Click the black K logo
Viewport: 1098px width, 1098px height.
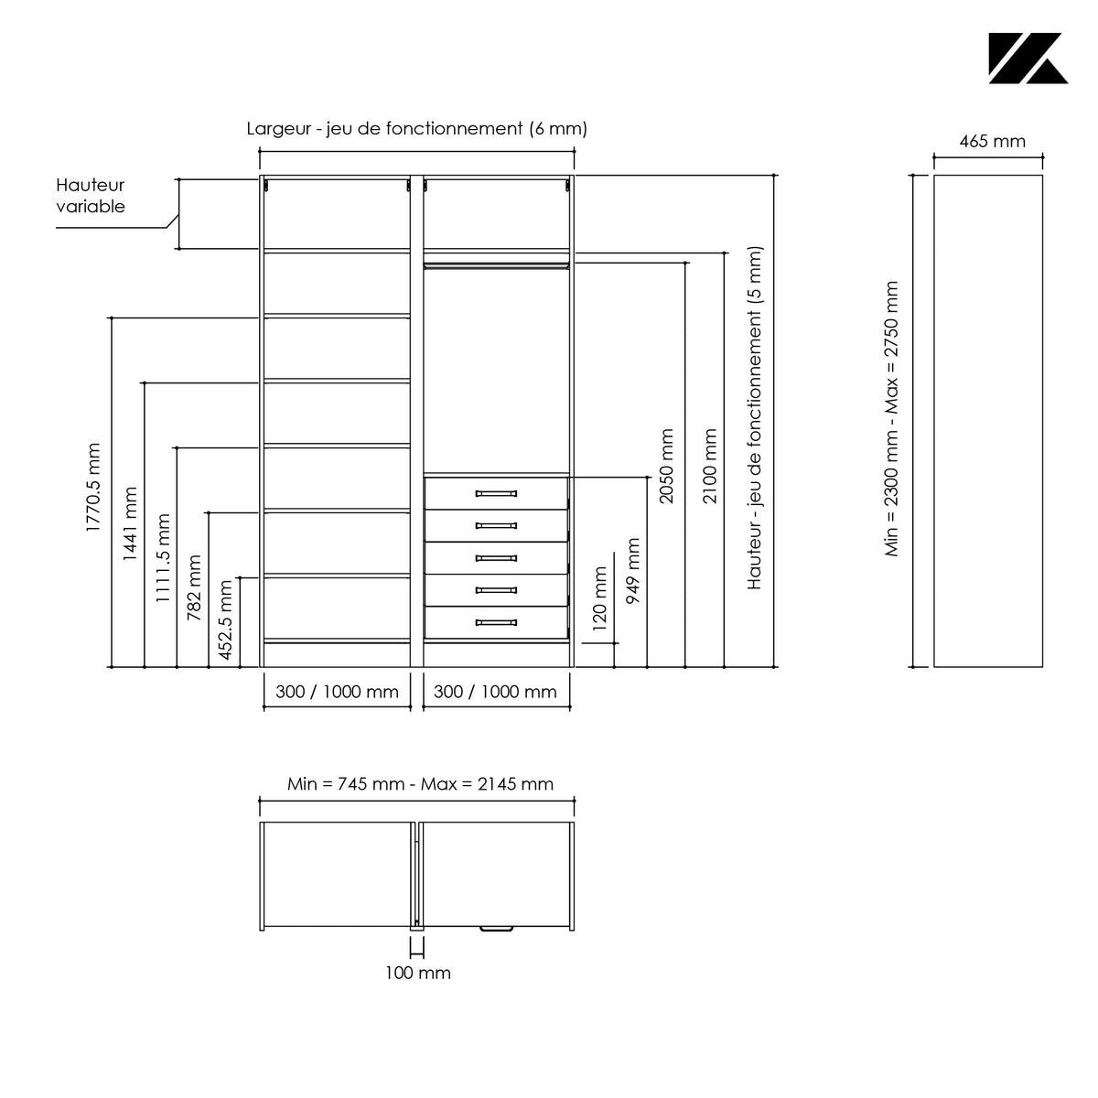tap(1028, 59)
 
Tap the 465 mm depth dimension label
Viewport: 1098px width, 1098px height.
tap(992, 141)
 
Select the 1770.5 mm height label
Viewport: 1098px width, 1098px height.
tap(93, 487)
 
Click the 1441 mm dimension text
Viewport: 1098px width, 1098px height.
tap(130, 523)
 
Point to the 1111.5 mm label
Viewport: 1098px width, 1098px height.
tap(163, 558)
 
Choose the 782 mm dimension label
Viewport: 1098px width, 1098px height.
tap(194, 587)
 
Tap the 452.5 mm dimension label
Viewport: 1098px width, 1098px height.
tap(226, 620)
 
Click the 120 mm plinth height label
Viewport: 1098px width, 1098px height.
tap(599, 598)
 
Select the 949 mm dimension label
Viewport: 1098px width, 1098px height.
tap(632, 571)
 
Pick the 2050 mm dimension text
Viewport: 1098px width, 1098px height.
tap(666, 466)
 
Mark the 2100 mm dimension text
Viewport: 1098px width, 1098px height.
tap(709, 466)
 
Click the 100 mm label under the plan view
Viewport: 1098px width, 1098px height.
tap(417, 973)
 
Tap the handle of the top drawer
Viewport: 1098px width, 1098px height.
tap(496, 493)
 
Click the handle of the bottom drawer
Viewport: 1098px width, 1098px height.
tap(496, 622)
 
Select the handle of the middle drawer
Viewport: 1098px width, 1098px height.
tap(496, 558)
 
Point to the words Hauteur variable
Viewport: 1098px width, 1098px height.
tap(90, 196)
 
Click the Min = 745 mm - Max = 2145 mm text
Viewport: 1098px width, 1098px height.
tap(420, 784)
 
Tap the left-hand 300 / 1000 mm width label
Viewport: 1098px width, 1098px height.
tap(337, 692)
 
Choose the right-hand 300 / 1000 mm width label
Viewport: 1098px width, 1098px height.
tap(495, 692)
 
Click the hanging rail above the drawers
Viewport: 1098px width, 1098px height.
tap(496, 265)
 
